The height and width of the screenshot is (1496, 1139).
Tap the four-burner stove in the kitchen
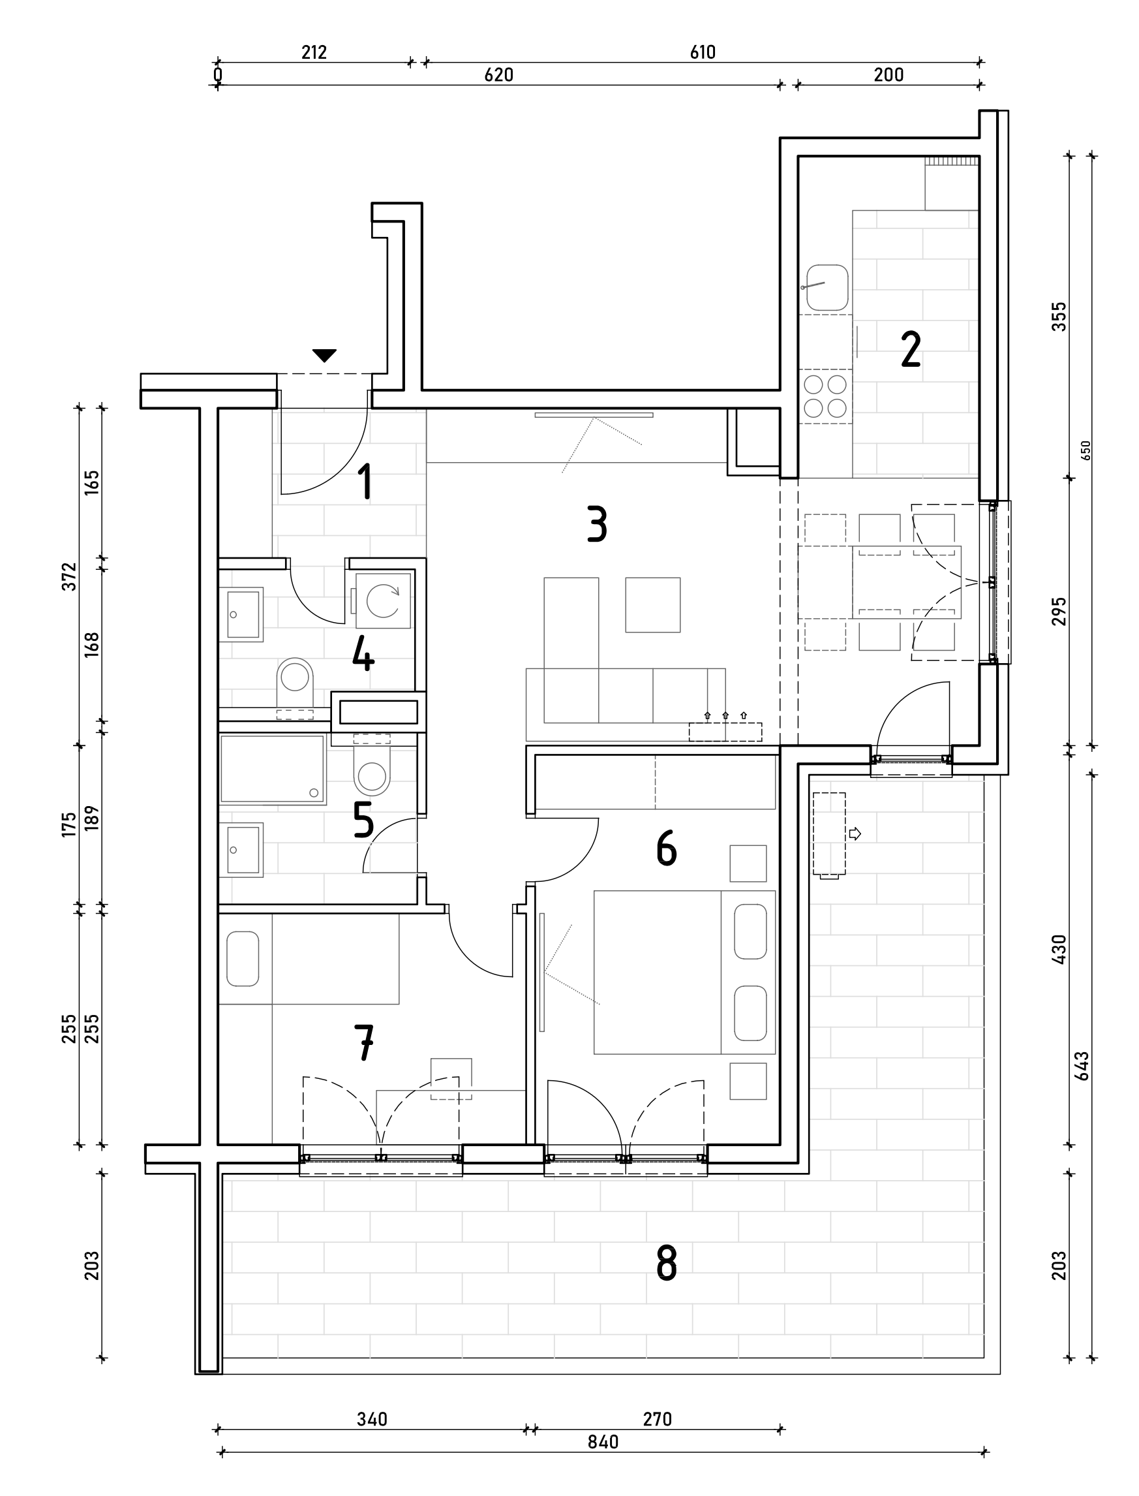point(825,397)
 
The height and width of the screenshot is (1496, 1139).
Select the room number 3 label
point(597,524)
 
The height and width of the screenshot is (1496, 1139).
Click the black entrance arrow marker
point(324,355)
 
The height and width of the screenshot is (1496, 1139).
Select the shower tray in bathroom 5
point(272,769)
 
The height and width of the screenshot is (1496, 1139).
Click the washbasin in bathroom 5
point(241,850)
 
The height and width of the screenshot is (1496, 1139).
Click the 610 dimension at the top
point(703,52)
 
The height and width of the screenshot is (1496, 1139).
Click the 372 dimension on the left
point(70,576)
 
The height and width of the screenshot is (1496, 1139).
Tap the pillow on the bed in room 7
point(243,958)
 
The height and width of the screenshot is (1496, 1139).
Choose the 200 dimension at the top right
point(888,74)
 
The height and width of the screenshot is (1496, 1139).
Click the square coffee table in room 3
point(652,605)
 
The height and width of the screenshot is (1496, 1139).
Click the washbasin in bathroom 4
point(241,614)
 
